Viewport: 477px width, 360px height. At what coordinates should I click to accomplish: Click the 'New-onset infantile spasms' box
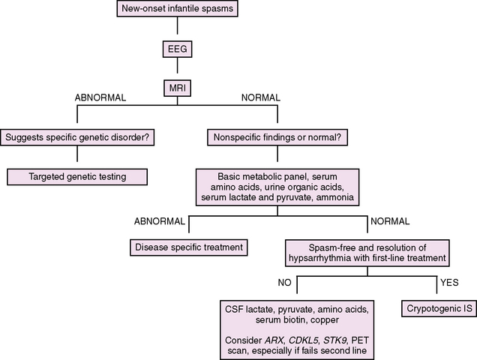(175, 10)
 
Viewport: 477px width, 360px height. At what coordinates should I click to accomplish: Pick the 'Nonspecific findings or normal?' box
(277, 137)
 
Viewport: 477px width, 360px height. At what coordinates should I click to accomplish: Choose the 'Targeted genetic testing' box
(78, 177)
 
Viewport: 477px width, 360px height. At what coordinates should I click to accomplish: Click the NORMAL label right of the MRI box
(259, 98)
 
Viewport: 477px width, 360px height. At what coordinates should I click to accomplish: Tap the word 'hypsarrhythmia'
(322, 257)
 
